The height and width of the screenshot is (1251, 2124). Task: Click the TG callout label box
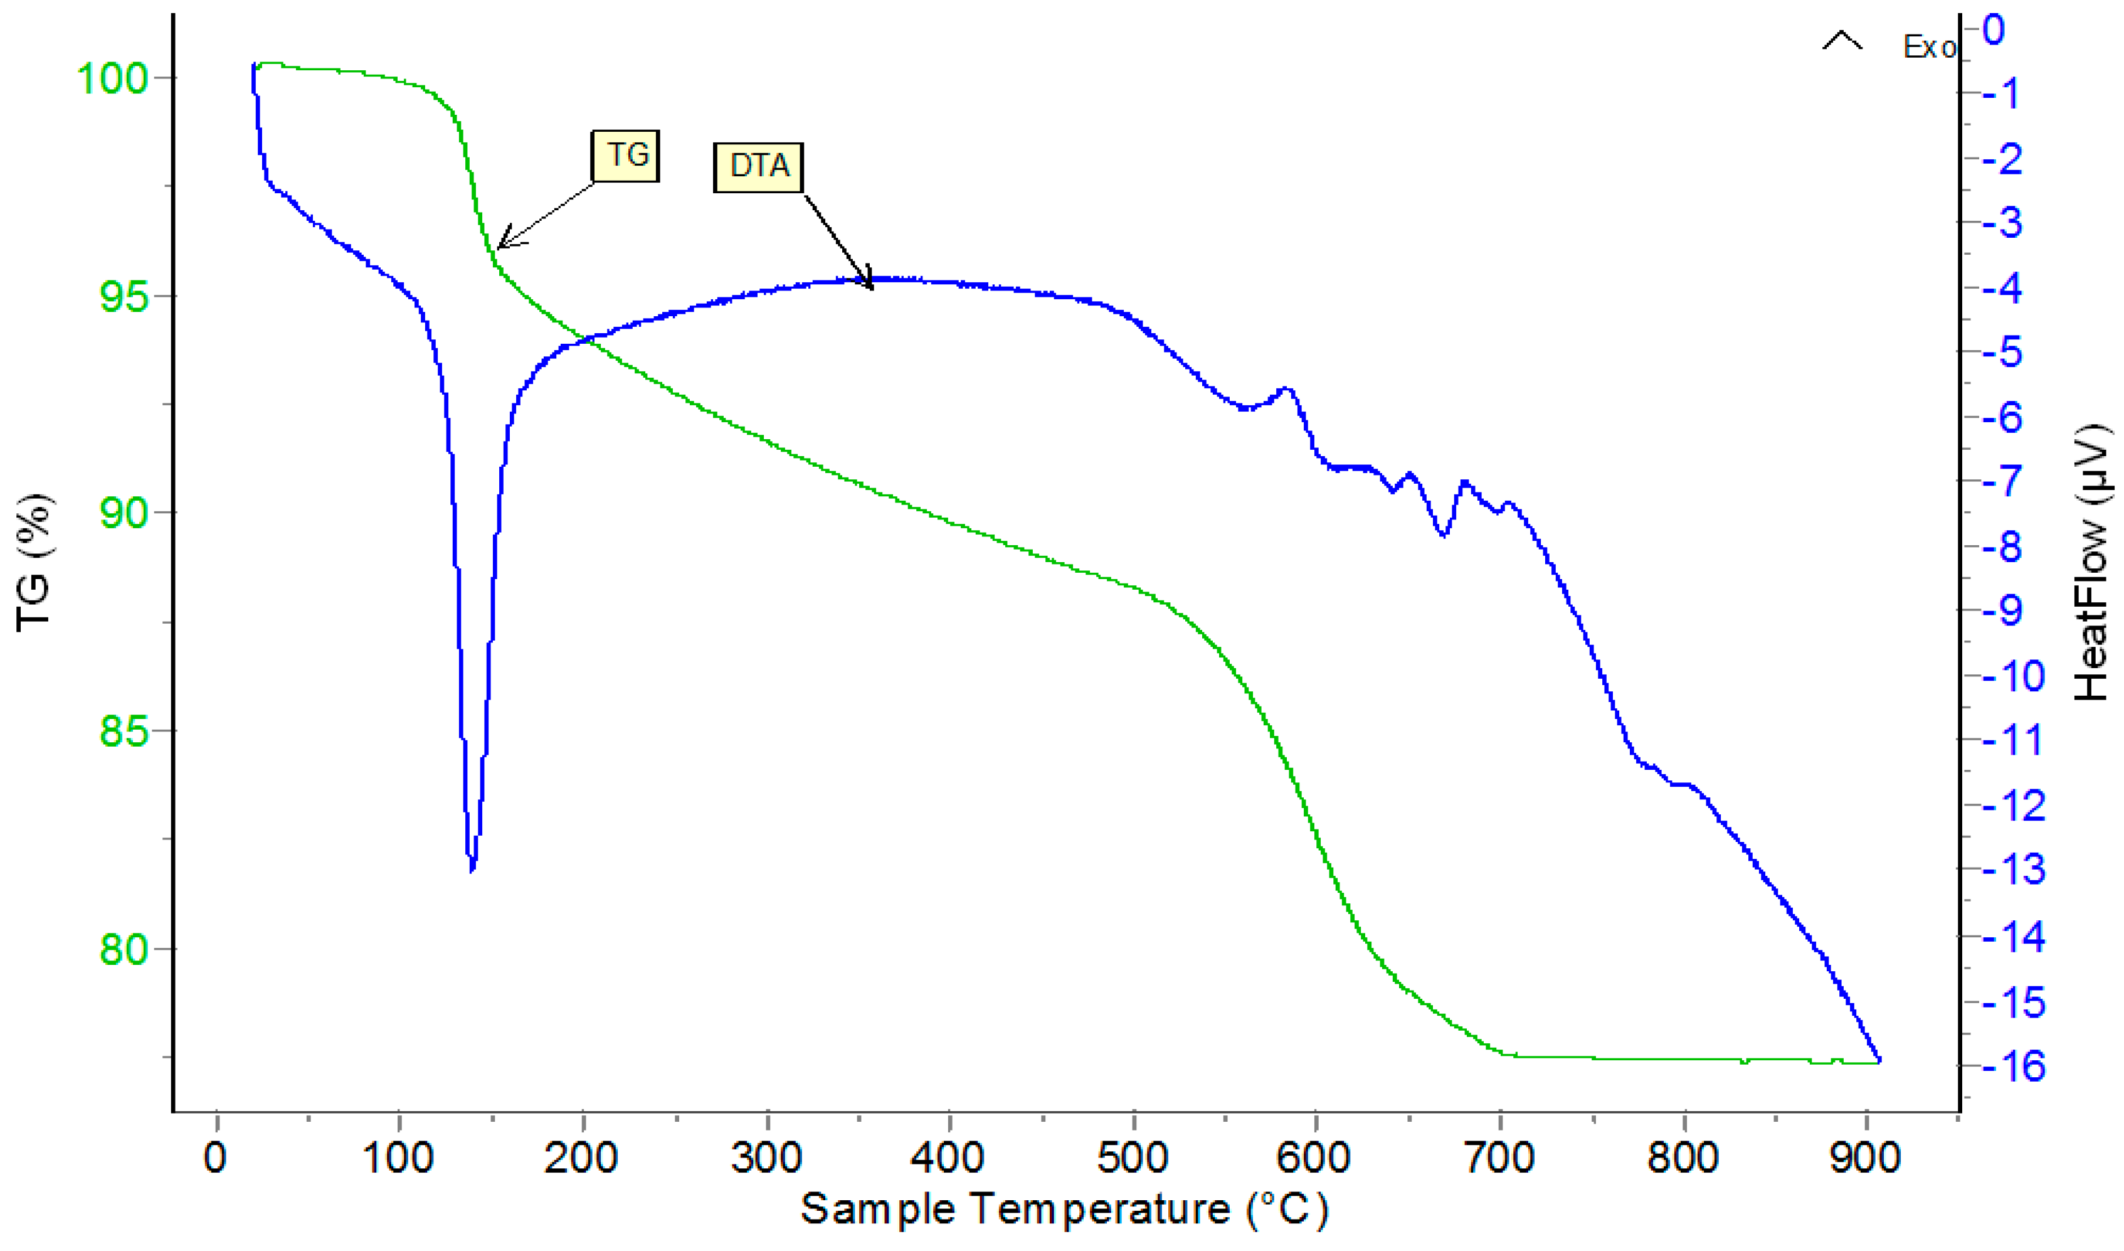coord(625,156)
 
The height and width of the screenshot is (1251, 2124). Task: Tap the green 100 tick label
coord(112,78)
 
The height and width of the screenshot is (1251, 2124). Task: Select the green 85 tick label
coord(123,731)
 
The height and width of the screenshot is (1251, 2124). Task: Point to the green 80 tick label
coord(123,949)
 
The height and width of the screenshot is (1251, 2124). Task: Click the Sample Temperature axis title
coord(1064,1210)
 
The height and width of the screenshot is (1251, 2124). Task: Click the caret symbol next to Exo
coord(1842,40)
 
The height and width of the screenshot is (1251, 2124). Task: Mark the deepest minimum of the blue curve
coord(472,868)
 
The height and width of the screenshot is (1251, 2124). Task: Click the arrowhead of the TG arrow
coord(500,246)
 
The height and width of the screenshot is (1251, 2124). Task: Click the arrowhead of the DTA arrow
coord(870,287)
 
